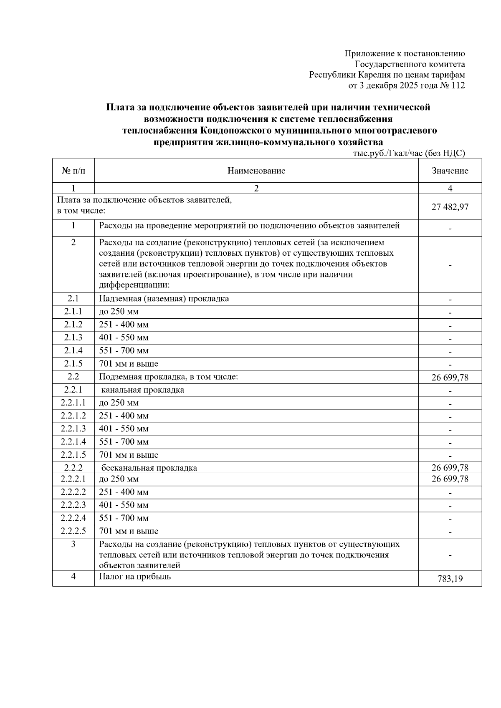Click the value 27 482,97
tap(450, 207)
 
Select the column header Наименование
tap(256, 171)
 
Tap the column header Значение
tap(450, 171)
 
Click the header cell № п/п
tap(73, 171)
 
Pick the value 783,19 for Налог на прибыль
tap(450, 579)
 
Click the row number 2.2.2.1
tap(73, 479)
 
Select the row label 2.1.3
tap(73, 338)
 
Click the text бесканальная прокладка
tap(149, 468)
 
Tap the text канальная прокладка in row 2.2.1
tap(143, 390)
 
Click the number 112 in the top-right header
tap(458, 86)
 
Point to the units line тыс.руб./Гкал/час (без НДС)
tap(409, 153)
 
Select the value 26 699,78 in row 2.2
tap(450, 378)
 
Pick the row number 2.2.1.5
tap(73, 455)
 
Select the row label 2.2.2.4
tap(73, 518)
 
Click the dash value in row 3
tap(450, 555)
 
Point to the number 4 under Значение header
tap(450, 188)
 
